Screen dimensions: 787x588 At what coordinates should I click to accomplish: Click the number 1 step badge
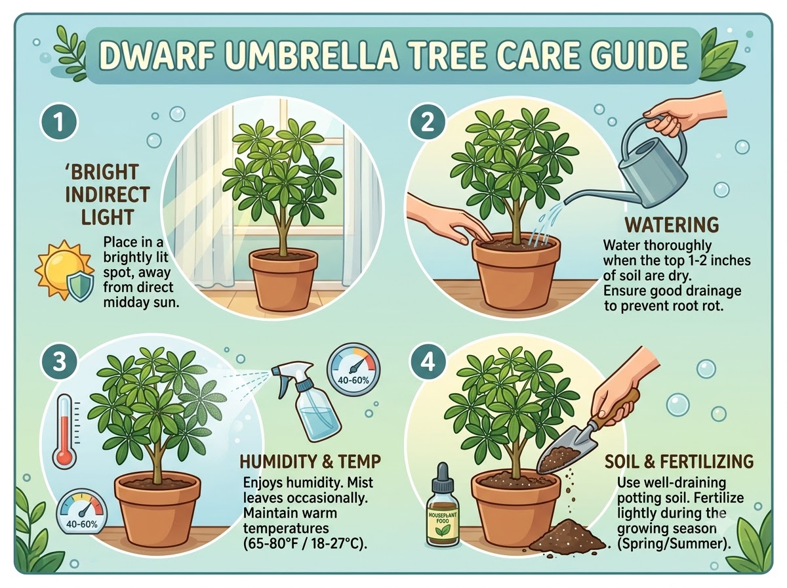coord(59,121)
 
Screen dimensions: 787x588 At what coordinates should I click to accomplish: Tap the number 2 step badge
coord(428,122)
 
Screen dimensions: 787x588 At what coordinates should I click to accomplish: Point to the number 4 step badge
coord(428,362)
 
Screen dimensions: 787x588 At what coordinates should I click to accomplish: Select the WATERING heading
coord(672,225)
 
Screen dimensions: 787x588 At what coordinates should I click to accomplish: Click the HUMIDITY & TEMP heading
coord(310,462)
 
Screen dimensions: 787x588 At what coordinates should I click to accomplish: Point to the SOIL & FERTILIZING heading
coord(679,462)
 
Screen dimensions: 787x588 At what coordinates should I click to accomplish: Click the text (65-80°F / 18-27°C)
coord(305,544)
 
